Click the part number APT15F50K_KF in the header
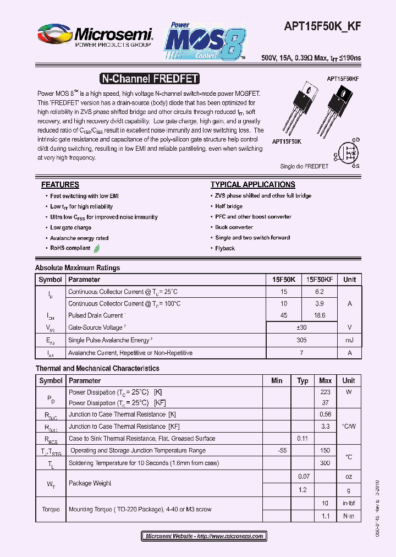pos(323,32)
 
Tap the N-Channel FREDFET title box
pos(149,79)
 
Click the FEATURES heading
pos(60,185)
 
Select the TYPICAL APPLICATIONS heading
pos(252,185)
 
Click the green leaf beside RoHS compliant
pos(97,248)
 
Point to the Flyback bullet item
pos(225,248)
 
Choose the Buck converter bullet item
pos(234,227)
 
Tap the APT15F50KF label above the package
pos(343,79)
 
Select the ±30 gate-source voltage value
pos(301,327)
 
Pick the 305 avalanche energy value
pos(301,341)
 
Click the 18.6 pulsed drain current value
pos(320,315)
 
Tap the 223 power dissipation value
pos(325,392)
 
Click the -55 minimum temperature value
pos(283,451)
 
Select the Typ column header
pos(302,380)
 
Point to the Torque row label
pos(51,510)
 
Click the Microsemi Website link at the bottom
pos(204,536)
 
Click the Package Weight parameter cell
pos(90,483)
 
